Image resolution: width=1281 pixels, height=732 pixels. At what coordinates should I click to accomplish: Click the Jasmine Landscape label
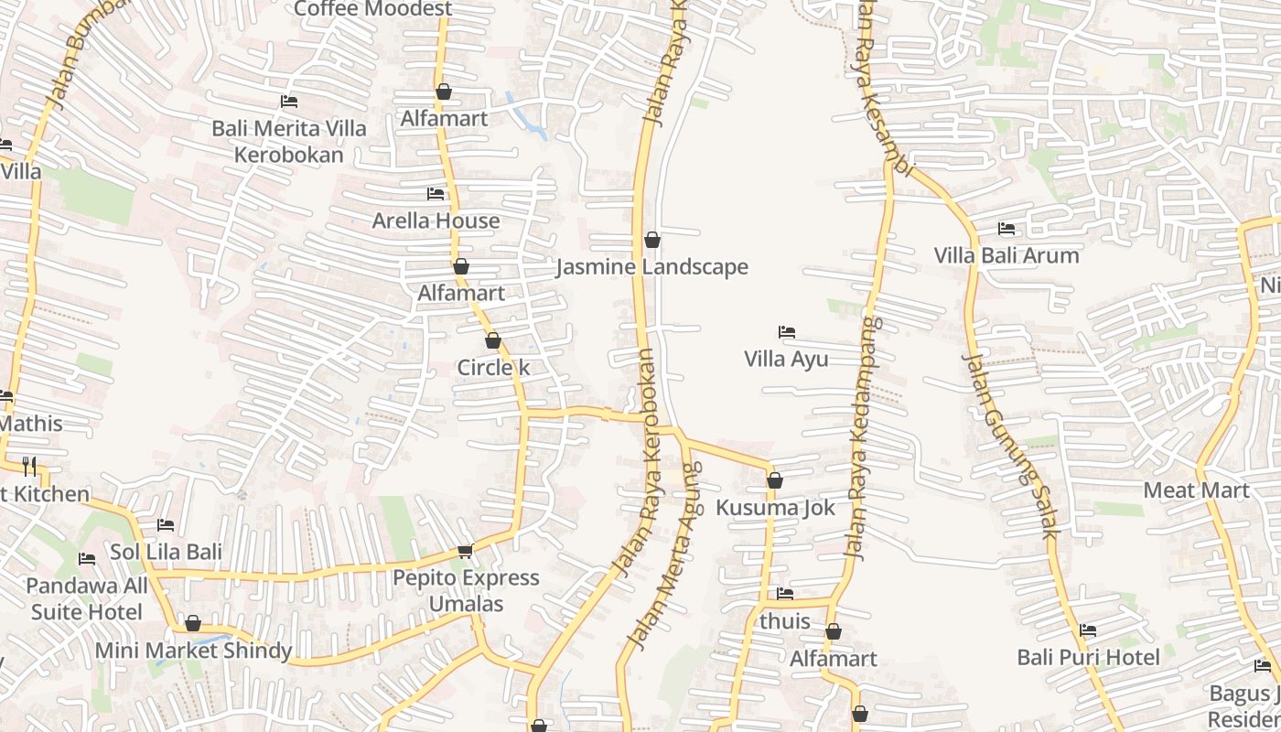[652, 267]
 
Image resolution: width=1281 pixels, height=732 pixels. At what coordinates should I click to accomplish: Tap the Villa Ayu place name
[786, 359]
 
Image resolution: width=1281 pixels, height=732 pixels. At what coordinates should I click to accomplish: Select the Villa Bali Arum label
[1006, 255]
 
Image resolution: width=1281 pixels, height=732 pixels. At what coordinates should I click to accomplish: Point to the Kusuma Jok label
[775, 508]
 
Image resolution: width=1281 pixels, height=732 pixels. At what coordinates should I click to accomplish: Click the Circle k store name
[493, 368]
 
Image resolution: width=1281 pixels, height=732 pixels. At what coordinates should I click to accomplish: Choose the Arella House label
[436, 221]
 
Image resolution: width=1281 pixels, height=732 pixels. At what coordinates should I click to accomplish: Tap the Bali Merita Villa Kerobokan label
[289, 141]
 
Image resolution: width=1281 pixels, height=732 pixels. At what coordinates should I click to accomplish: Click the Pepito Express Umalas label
[466, 591]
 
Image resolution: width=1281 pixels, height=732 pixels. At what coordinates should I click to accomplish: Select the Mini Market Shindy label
[194, 651]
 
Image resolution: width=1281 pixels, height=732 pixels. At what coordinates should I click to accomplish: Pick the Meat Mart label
[1196, 490]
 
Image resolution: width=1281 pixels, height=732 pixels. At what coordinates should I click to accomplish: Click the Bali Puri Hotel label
[1088, 657]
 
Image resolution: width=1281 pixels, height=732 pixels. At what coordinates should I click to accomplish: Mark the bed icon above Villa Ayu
[786, 331]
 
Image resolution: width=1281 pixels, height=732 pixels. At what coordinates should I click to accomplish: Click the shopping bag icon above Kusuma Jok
[775, 480]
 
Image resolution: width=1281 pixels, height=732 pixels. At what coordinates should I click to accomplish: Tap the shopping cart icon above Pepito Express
[465, 551]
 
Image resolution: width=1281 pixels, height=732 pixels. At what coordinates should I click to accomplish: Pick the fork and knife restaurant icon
[29, 467]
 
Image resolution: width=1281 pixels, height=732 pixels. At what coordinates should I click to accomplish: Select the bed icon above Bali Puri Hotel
[1088, 630]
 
